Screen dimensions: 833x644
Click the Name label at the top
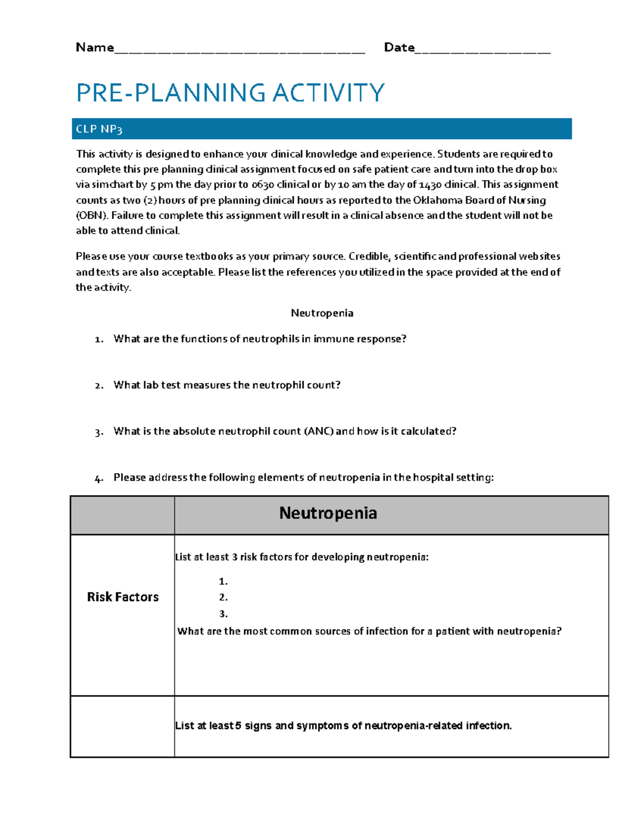click(x=94, y=48)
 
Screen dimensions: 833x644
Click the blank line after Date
click(x=482, y=51)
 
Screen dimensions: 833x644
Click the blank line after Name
click(x=239, y=51)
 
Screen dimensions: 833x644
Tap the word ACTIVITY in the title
click(x=328, y=93)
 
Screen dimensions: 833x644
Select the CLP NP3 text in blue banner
click(x=99, y=129)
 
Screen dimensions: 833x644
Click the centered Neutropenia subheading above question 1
click(x=322, y=313)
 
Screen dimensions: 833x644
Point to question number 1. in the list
click(x=99, y=340)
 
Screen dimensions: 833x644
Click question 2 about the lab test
click(x=226, y=385)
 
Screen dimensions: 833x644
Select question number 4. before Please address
click(x=99, y=478)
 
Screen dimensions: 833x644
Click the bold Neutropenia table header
click(x=328, y=513)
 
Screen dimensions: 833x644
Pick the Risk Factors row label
click(x=123, y=597)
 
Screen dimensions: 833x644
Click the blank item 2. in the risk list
click(x=223, y=598)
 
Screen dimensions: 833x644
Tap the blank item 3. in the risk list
click(x=223, y=614)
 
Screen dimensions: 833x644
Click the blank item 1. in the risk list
click(x=223, y=581)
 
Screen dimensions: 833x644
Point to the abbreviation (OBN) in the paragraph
click(x=92, y=216)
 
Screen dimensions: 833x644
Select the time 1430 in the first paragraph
click(x=430, y=185)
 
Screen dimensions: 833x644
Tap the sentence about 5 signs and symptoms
click(x=343, y=726)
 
